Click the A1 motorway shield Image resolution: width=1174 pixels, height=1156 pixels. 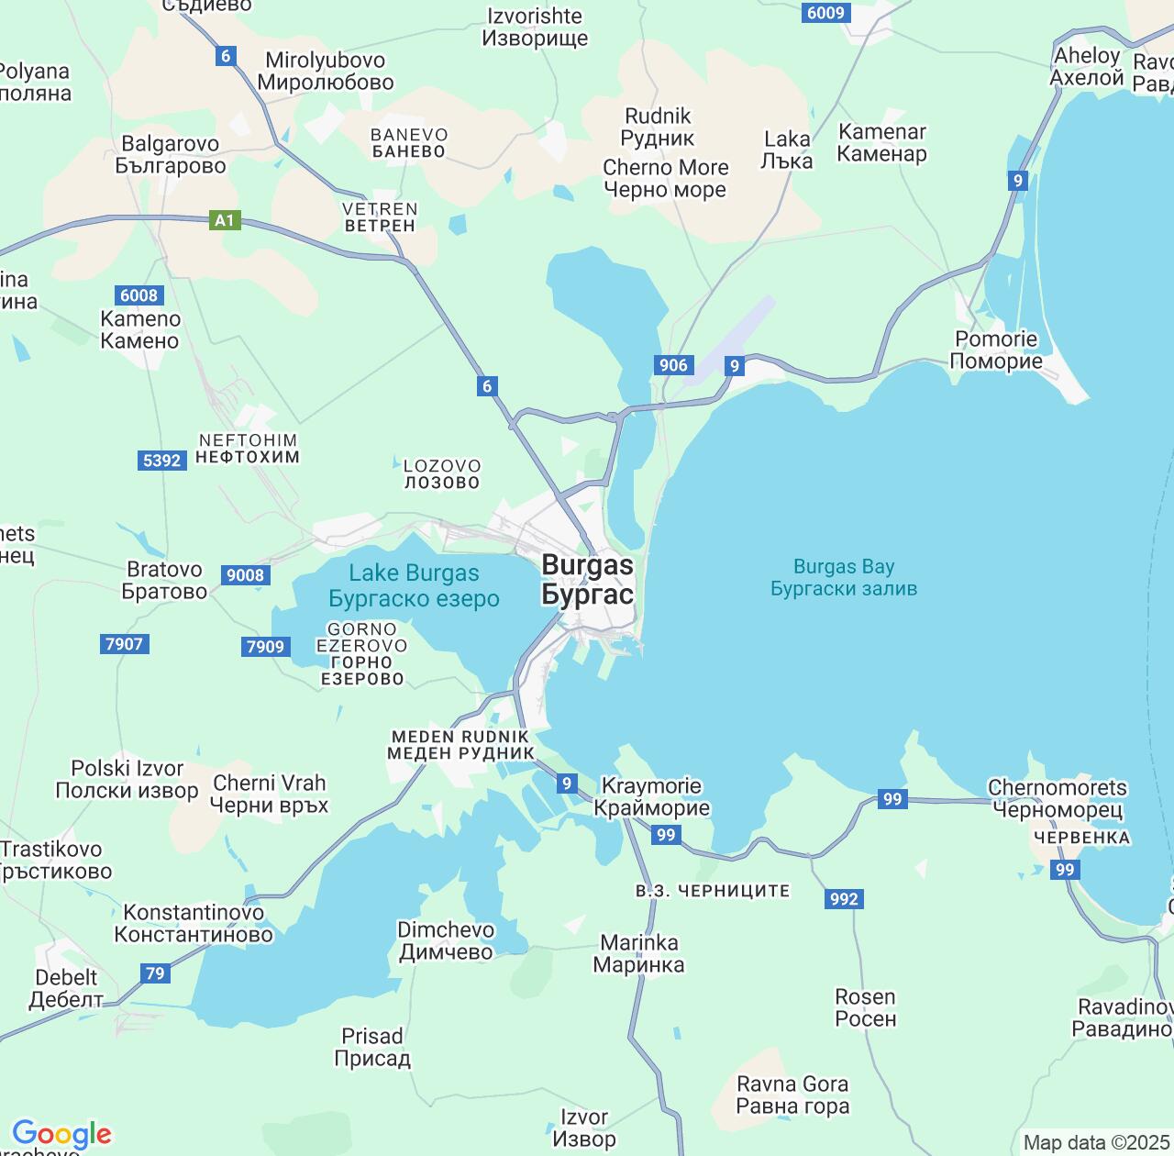click(x=225, y=220)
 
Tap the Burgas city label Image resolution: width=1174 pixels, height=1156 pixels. click(x=587, y=579)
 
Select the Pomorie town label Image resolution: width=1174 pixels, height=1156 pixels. click(x=996, y=350)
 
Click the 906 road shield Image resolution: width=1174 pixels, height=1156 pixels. click(x=673, y=365)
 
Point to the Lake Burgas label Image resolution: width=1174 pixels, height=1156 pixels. click(x=414, y=585)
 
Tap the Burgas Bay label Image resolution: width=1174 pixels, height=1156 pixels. click(x=844, y=577)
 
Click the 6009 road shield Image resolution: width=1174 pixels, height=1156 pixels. click(x=825, y=12)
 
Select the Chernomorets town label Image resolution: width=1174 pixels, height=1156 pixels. click(x=1058, y=798)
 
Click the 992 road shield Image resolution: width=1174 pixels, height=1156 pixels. click(x=844, y=898)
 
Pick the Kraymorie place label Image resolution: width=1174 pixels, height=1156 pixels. click(x=651, y=796)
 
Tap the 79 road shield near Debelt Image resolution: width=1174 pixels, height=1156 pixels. click(x=155, y=973)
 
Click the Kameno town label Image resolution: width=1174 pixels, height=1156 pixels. click(x=140, y=329)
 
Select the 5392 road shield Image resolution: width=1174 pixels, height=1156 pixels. click(x=162, y=460)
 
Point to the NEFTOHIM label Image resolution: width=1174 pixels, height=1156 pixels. click(x=248, y=448)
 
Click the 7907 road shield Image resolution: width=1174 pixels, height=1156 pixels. click(x=124, y=643)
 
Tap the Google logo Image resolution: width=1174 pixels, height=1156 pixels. click(x=61, y=1135)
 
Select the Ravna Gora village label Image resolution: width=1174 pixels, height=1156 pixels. click(x=792, y=1095)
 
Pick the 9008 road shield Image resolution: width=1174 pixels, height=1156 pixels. click(x=245, y=575)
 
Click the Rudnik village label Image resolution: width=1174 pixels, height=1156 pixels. click(x=658, y=127)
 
